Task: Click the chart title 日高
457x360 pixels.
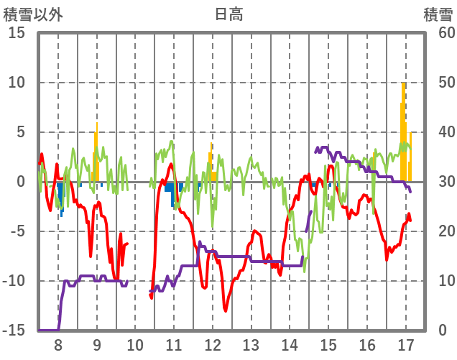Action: (x=228, y=14)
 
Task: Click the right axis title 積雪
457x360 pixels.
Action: (x=437, y=14)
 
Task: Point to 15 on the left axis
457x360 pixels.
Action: (x=17, y=33)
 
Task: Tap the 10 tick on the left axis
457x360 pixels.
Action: (x=17, y=83)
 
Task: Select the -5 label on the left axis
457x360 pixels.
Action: (x=17, y=231)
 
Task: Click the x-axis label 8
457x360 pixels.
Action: (x=58, y=343)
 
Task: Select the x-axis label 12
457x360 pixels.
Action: (x=212, y=343)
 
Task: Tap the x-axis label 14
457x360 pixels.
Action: (x=290, y=343)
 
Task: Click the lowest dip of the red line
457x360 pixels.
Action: (x=226, y=310)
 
